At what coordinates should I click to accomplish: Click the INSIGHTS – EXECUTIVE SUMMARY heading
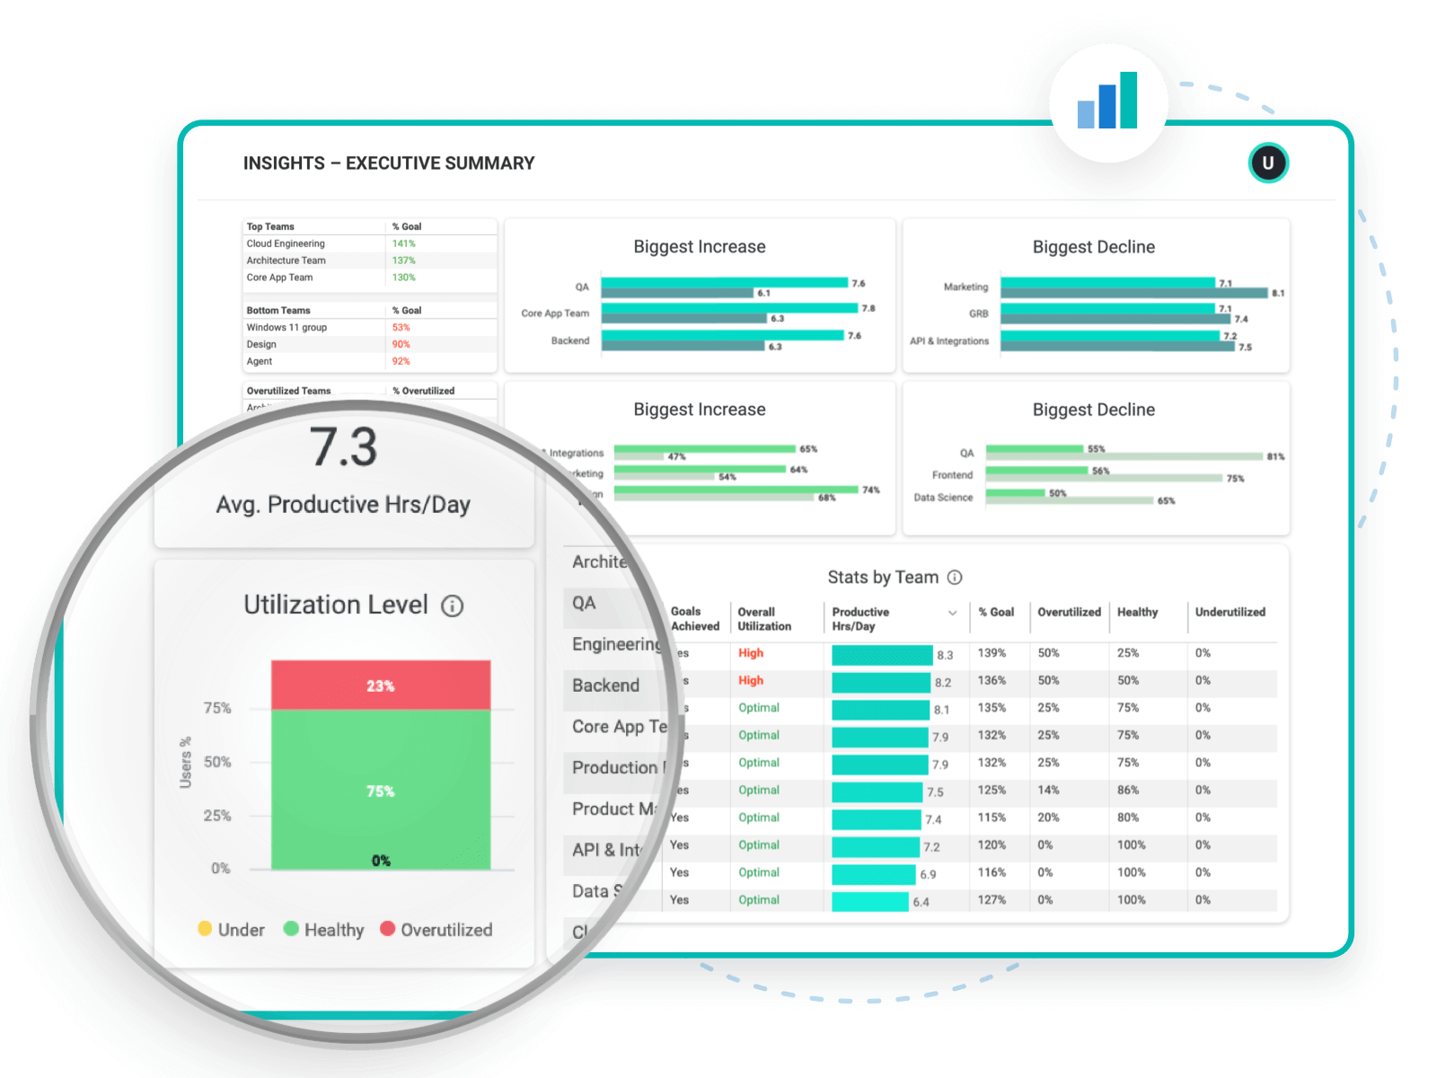[388, 163]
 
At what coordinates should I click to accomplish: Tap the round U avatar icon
[1268, 163]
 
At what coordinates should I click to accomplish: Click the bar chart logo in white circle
[1108, 102]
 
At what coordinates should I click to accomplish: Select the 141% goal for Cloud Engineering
[403, 243]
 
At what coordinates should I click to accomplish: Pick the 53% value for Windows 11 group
[401, 327]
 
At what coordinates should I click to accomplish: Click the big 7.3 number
[343, 447]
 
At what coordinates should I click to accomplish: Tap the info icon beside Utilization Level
[453, 606]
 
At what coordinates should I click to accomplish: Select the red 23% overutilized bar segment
[381, 685]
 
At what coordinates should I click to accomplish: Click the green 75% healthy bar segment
[381, 791]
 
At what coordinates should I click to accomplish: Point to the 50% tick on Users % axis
[217, 762]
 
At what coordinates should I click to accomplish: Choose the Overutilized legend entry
[436, 930]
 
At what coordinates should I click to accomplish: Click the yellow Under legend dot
[205, 929]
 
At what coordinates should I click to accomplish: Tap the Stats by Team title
[883, 578]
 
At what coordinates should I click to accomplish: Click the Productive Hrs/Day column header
[860, 619]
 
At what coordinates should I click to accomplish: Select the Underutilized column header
[1230, 612]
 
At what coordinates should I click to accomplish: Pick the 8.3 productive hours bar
[882, 655]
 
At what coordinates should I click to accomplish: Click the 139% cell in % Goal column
[992, 653]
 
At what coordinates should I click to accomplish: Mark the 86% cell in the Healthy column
[1128, 791]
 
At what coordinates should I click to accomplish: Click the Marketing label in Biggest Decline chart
[965, 287]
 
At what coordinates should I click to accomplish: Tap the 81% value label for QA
[1275, 456]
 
